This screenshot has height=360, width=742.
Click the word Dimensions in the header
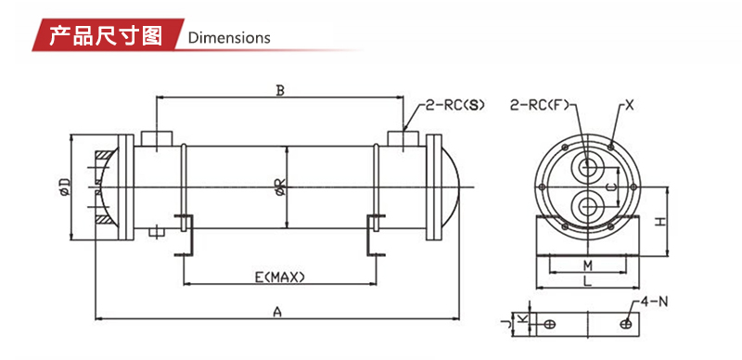(x=229, y=38)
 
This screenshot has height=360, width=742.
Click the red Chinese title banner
(x=107, y=34)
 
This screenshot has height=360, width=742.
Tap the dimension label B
(x=280, y=91)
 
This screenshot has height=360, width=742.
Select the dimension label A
(x=277, y=311)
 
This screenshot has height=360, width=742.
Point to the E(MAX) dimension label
(x=280, y=277)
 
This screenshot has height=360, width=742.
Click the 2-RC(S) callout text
(x=455, y=105)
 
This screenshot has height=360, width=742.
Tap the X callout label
(x=629, y=105)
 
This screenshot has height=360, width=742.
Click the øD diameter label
(x=65, y=186)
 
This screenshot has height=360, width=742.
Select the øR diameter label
(x=280, y=186)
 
